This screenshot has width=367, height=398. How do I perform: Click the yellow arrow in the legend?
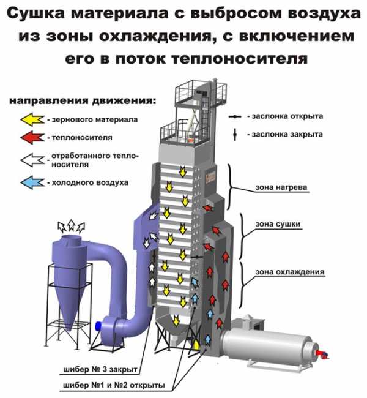(x=32, y=119)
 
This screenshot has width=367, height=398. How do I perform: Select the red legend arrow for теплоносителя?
(x=32, y=137)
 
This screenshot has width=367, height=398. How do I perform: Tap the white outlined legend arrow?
(x=32, y=160)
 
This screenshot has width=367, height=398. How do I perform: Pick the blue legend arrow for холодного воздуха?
(x=32, y=182)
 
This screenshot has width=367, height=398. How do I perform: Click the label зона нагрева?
(x=281, y=187)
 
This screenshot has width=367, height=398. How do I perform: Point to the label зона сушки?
(x=278, y=224)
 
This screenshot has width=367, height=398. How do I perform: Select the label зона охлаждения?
(x=290, y=272)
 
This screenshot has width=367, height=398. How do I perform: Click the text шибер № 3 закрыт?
(x=100, y=369)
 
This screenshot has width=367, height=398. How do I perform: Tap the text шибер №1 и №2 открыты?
(x=114, y=385)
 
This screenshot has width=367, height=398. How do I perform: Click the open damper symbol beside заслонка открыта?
(x=235, y=116)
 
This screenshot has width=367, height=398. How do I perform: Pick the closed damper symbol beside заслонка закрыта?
(x=235, y=135)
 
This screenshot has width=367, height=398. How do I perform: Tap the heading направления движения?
(x=83, y=100)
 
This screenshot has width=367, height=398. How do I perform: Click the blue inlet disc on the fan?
(x=98, y=326)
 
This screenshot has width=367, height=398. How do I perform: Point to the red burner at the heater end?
(x=322, y=354)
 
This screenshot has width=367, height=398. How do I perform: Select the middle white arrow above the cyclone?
(x=72, y=225)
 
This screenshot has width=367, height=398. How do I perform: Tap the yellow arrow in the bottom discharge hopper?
(x=176, y=320)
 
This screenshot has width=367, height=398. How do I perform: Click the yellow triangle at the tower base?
(x=196, y=345)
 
